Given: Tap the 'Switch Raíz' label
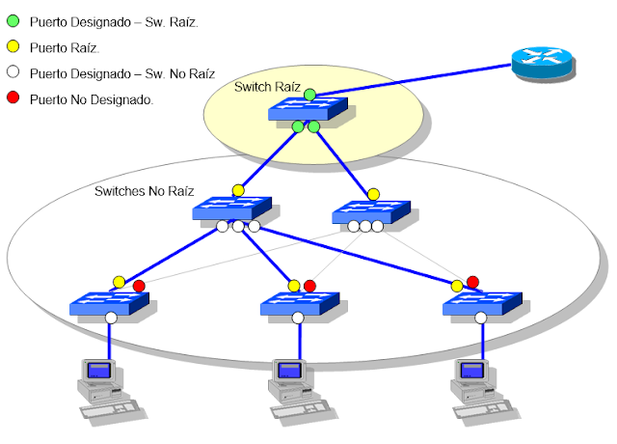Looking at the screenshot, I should (x=268, y=88).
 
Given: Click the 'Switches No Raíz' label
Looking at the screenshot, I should (x=144, y=191).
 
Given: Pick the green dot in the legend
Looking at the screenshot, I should (x=13, y=20).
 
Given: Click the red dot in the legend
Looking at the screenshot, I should (x=13, y=99).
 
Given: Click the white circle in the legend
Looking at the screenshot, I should (x=13, y=73).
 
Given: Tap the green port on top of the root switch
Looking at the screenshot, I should (x=308, y=94).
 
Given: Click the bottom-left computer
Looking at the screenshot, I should (x=102, y=387).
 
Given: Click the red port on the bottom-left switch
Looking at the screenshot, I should (x=139, y=286).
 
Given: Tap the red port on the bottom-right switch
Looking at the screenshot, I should (x=472, y=282).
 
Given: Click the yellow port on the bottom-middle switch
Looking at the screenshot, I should (x=294, y=286).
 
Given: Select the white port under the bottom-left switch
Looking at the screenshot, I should (x=111, y=318).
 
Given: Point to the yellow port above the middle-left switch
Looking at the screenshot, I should (x=237, y=190).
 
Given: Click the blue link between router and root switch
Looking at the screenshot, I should (x=415, y=82).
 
